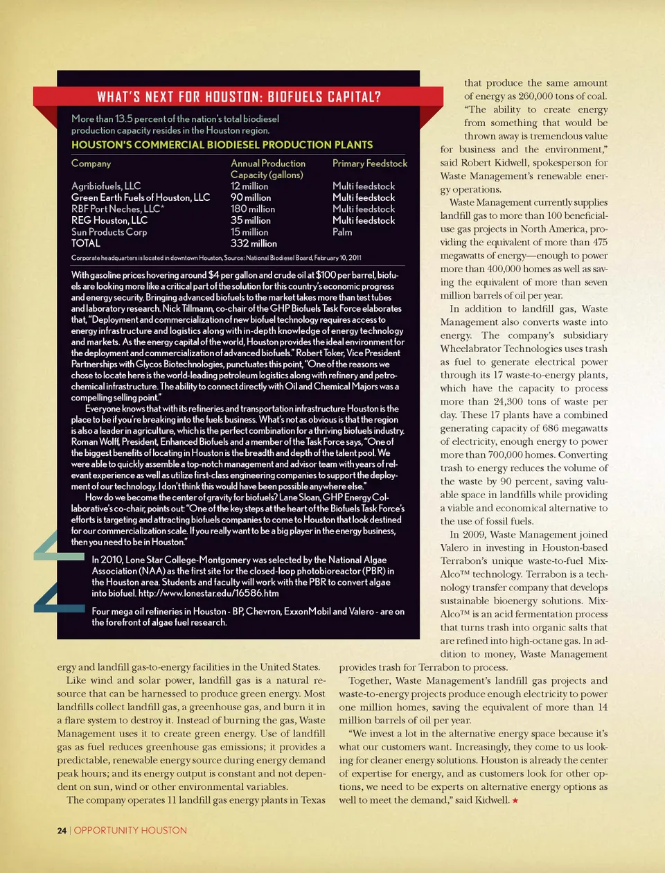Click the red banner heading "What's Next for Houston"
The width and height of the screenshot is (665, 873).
click(238, 96)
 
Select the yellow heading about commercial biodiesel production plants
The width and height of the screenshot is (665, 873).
click(222, 145)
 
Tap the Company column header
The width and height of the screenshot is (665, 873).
click(91, 164)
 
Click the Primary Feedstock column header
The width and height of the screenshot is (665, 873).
click(369, 164)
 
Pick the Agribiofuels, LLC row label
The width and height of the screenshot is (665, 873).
click(106, 186)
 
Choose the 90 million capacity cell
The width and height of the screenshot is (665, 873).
click(251, 197)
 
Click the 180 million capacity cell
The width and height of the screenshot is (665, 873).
click(253, 209)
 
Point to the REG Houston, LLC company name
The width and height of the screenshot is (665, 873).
click(109, 220)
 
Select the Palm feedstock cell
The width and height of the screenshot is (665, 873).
click(342, 232)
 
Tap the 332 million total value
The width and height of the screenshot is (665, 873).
click(254, 243)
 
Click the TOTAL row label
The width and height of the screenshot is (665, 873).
click(86, 243)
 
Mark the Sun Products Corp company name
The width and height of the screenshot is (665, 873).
click(109, 232)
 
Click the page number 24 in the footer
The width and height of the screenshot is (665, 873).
click(62, 830)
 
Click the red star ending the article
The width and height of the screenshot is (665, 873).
click(515, 800)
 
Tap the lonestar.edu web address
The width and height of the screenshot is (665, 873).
click(209, 593)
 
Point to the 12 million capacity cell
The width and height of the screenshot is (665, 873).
click(249, 186)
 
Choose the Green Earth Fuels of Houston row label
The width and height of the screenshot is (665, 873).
click(141, 197)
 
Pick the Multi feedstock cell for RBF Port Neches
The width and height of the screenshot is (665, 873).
click(364, 209)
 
